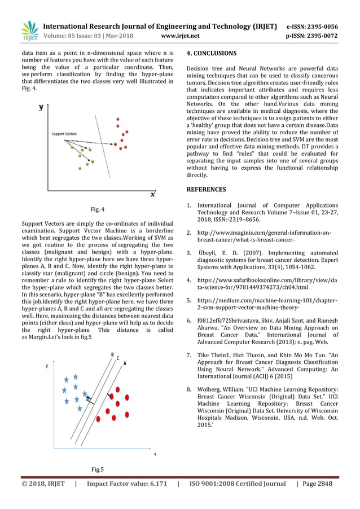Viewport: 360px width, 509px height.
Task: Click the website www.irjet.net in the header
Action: [180, 37]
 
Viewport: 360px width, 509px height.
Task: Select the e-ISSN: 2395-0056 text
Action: [312, 27]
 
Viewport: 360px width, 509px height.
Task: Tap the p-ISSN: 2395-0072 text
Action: [312, 37]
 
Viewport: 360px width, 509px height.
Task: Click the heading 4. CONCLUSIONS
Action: [212, 54]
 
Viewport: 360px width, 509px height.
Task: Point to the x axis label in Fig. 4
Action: [152, 195]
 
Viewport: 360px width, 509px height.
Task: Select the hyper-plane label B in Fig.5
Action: [112, 354]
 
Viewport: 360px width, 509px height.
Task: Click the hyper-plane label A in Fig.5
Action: [125, 363]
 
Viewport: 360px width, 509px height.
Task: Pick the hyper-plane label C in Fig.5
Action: [118, 358]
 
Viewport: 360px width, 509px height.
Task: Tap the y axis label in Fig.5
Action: [47, 366]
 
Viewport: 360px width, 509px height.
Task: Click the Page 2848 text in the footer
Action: [317, 484]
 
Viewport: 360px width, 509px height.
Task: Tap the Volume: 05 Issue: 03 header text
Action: [79, 37]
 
